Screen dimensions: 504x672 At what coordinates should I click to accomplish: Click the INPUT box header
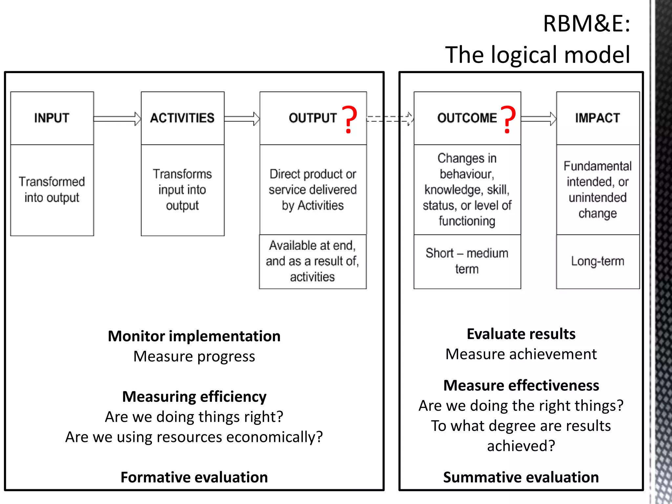[52, 118]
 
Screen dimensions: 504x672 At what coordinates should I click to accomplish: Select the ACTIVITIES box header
[182, 118]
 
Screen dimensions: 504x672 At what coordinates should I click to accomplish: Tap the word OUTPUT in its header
[313, 118]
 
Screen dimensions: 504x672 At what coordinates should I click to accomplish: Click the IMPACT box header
[598, 118]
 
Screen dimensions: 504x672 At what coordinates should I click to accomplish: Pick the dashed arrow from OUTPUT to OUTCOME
[390, 119]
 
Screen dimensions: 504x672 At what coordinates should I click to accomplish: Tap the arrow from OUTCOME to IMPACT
[538, 119]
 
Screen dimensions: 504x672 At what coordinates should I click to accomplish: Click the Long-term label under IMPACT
[598, 261]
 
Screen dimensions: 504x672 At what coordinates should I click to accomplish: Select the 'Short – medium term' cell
[467, 261]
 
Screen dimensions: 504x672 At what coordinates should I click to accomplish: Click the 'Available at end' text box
[313, 261]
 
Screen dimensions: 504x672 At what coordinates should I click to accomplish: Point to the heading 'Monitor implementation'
[194, 336]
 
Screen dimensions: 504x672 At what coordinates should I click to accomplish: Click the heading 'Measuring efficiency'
[194, 397]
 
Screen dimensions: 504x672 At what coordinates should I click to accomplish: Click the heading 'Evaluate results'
[521, 334]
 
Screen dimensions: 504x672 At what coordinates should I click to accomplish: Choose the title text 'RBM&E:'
[586, 24]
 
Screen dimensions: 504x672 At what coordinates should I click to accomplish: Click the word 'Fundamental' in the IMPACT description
[598, 166]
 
